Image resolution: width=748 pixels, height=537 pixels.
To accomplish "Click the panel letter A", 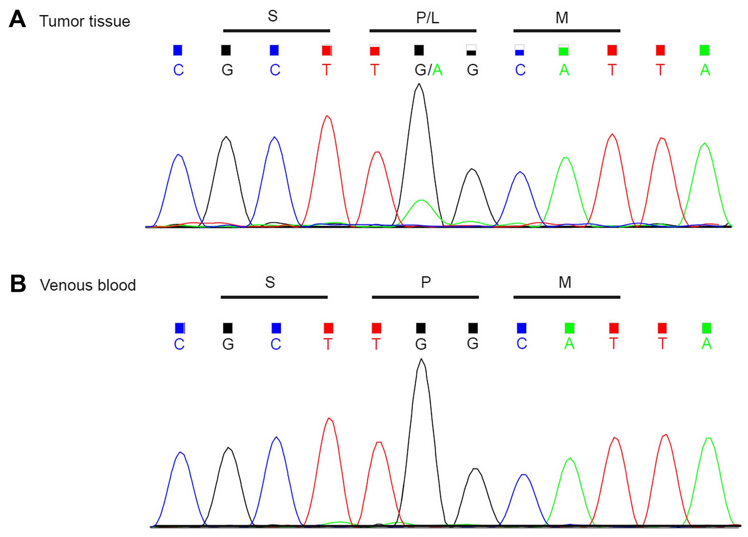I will [17, 19].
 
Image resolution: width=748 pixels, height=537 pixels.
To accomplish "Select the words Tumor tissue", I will [85, 21].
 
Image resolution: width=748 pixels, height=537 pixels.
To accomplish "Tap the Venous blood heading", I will [88, 285].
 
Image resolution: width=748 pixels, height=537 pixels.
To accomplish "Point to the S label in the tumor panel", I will [273, 16].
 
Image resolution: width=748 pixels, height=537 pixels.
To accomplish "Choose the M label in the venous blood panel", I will [565, 282].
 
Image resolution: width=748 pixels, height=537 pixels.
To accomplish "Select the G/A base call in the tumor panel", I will [428, 70].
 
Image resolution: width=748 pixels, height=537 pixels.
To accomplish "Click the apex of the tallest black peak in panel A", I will [419, 85].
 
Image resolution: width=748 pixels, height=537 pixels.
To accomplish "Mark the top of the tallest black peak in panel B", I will [421, 359].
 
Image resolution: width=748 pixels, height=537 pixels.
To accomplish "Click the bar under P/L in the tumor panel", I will [422, 31].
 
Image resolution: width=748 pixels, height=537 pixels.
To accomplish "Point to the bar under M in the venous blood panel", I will [567, 297].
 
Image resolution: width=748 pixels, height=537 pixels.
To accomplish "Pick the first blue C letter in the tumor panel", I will [178, 70].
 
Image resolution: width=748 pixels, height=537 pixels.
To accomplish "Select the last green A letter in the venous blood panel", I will [706, 344].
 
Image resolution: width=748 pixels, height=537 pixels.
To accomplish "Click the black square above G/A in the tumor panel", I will [419, 50].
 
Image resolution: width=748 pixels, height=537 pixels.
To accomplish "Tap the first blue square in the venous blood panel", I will [179, 328].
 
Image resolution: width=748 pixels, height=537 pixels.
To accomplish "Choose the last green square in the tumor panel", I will [704, 50].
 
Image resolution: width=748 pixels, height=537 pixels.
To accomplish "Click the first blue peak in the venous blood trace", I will [180, 453].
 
